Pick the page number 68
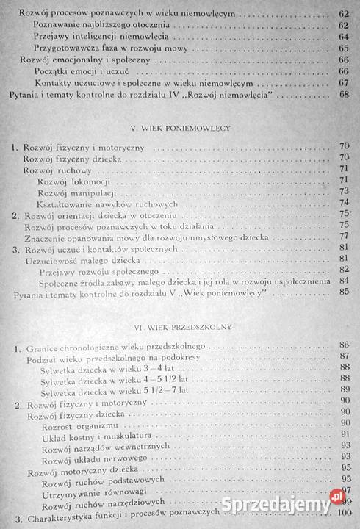pos(344,95)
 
